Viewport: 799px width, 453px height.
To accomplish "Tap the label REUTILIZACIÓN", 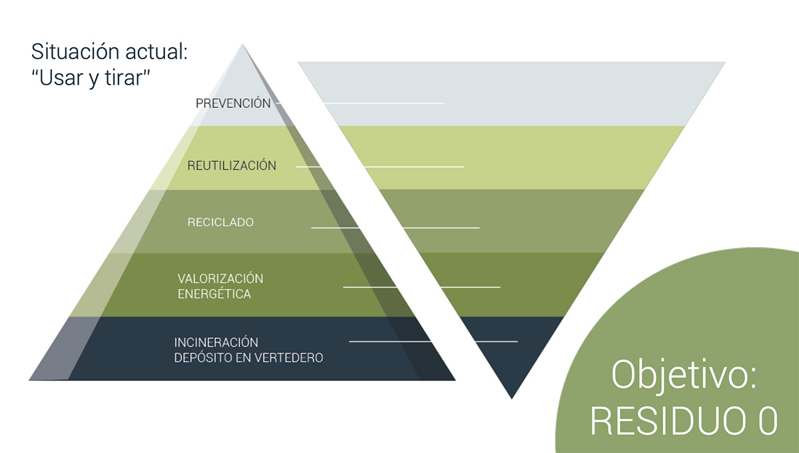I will tap(232, 166).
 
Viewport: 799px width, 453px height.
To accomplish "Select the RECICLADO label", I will tap(220, 223).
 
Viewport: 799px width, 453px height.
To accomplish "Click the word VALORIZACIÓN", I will tap(220, 278).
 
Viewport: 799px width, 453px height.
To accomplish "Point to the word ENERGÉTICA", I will tap(214, 294).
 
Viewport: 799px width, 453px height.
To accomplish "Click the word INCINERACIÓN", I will tap(216, 342).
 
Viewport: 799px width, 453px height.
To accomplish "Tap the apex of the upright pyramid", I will tap(242, 45).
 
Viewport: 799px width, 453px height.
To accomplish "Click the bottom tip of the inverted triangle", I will tap(511, 397).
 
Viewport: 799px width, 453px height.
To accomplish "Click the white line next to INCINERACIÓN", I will tap(433, 342).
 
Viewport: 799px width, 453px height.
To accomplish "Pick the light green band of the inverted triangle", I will tap(519, 157).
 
